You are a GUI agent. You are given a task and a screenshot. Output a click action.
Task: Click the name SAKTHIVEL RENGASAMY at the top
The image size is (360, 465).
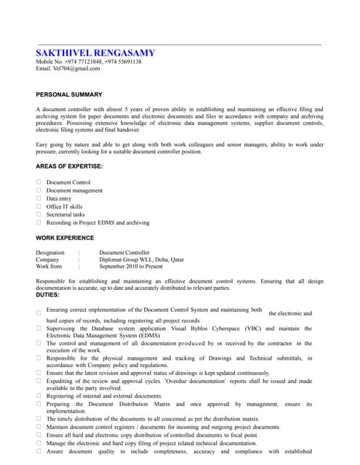[95, 54]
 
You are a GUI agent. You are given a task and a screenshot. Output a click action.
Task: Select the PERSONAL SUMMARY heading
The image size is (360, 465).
[69, 94]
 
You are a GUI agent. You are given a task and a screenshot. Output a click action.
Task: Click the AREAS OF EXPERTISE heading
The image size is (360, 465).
[69, 166]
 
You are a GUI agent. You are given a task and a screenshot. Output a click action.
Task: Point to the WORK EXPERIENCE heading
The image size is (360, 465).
[65, 238]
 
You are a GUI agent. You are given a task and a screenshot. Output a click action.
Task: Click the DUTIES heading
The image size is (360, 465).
[47, 294]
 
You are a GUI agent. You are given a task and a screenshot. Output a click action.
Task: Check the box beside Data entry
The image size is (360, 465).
[39, 198]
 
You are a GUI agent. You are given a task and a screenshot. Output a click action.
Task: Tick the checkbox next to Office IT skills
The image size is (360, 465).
[39, 206]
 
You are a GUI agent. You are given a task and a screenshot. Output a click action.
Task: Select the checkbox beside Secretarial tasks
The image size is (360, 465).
[39, 214]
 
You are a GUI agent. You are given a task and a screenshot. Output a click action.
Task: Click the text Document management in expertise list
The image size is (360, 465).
[74, 190]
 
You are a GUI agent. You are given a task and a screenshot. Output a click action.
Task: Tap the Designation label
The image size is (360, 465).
[50, 252]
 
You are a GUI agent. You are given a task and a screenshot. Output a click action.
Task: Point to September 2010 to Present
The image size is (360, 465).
[131, 267]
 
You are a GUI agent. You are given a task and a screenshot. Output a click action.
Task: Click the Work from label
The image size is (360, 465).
[49, 267]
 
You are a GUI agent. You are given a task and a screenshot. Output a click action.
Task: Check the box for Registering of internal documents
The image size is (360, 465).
[39, 396]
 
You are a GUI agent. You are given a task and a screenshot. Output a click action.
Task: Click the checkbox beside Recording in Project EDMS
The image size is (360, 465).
[39, 222]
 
